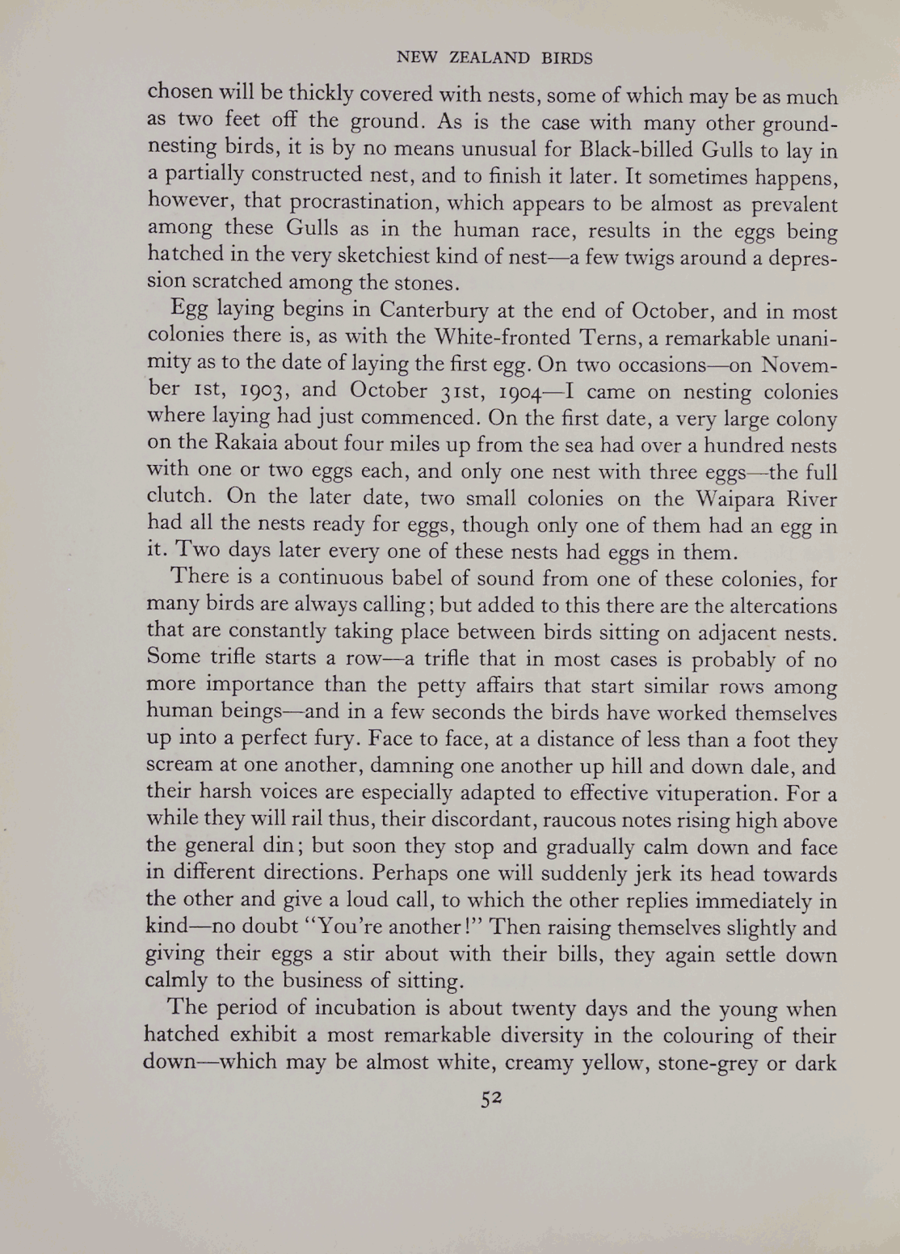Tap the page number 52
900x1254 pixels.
[x=492, y=1097]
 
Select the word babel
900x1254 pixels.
[x=442, y=579]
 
